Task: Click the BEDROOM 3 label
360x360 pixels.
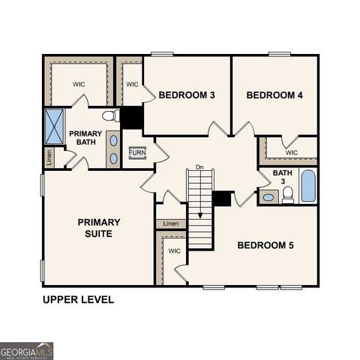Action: pyautogui.click(x=187, y=95)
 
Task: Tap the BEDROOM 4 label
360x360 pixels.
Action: pyautogui.click(x=274, y=95)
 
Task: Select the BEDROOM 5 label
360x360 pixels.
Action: pyautogui.click(x=265, y=245)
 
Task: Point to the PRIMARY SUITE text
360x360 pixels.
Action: pyautogui.click(x=98, y=227)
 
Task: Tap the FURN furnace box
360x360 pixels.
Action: pyautogui.click(x=137, y=152)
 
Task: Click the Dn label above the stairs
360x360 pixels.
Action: pyautogui.click(x=199, y=166)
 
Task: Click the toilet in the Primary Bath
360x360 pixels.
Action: pyautogui.click(x=110, y=116)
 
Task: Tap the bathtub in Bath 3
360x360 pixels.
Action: pyautogui.click(x=308, y=186)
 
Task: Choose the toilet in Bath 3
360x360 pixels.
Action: pyautogui.click(x=288, y=196)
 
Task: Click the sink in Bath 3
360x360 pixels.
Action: pyautogui.click(x=268, y=197)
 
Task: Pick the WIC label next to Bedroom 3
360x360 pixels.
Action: pyautogui.click(x=132, y=84)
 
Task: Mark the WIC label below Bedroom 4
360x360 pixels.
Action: pyautogui.click(x=292, y=152)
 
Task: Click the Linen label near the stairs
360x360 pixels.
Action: pyautogui.click(x=171, y=223)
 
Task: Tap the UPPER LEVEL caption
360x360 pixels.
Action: pyautogui.click(x=79, y=299)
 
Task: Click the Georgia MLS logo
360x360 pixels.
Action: pyautogui.click(x=27, y=351)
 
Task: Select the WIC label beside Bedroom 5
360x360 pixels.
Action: pyautogui.click(x=174, y=250)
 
